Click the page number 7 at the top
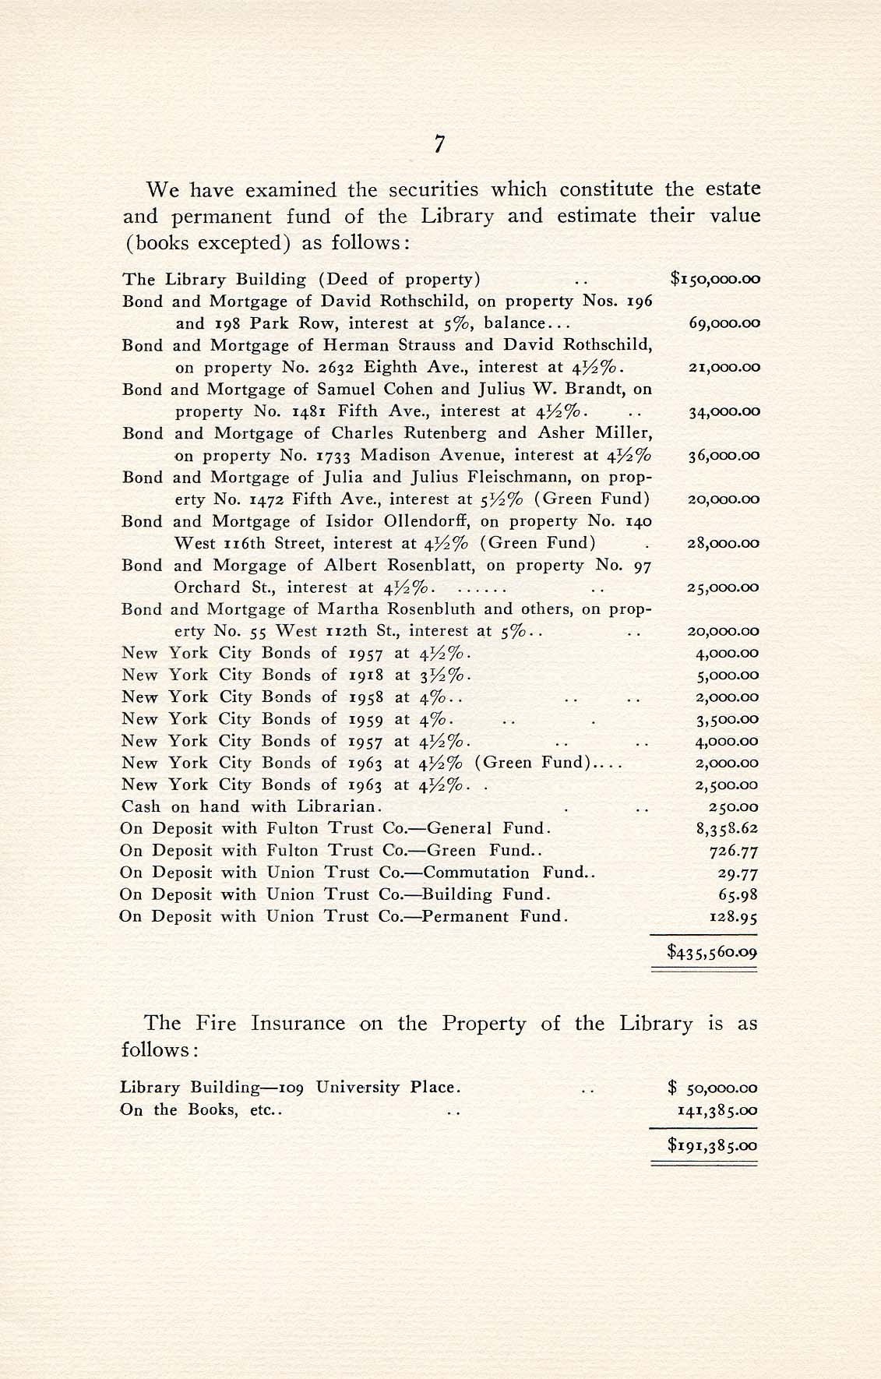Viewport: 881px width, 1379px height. coord(440,143)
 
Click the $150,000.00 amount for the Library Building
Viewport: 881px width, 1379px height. coord(714,279)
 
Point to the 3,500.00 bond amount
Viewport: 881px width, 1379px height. coord(727,719)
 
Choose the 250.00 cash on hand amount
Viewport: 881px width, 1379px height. coord(736,807)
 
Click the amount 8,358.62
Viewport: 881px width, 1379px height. coord(727,829)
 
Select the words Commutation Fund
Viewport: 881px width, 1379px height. coord(509,873)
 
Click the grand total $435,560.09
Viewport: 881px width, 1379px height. coord(713,951)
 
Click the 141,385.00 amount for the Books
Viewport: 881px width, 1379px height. coord(717,1109)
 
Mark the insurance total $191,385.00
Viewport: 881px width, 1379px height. coord(713,1145)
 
